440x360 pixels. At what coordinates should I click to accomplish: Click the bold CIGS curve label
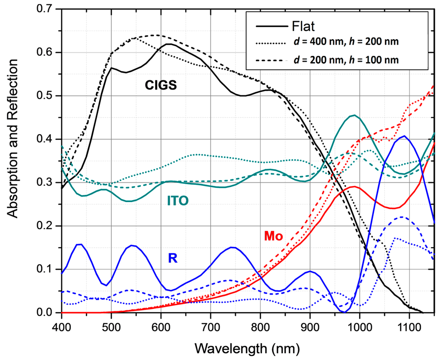click(161, 86)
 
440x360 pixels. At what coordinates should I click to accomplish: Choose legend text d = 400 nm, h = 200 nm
click(348, 43)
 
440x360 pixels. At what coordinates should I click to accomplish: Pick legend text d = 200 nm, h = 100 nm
click(348, 61)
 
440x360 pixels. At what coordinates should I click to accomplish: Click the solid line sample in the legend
click(271, 27)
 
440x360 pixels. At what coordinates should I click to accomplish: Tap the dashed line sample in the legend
click(271, 61)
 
